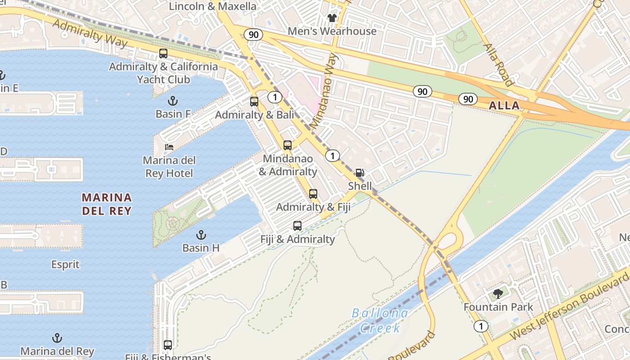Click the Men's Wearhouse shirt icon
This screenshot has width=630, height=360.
point(332,18)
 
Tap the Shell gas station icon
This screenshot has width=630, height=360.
point(360,173)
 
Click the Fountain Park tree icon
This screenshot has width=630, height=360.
point(498,294)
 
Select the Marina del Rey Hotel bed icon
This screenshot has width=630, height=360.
point(169,147)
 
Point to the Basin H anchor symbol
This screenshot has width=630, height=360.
point(201,234)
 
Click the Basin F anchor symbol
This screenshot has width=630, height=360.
point(172,100)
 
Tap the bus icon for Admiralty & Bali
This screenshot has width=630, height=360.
point(254,102)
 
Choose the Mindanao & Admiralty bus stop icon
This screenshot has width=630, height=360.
point(288,145)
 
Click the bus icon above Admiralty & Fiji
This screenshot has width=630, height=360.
point(313,194)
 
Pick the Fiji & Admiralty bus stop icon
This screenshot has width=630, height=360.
point(297,226)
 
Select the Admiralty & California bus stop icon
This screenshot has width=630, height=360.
point(163,54)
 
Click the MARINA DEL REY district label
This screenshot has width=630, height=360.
point(107,204)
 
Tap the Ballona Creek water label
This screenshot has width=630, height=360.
point(380,320)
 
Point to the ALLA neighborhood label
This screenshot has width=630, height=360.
point(504,106)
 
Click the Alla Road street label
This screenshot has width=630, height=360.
point(498,64)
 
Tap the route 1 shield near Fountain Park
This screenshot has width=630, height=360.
point(481,326)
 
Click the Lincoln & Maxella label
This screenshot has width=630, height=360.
point(212,6)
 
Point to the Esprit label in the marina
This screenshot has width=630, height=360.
point(65,265)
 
